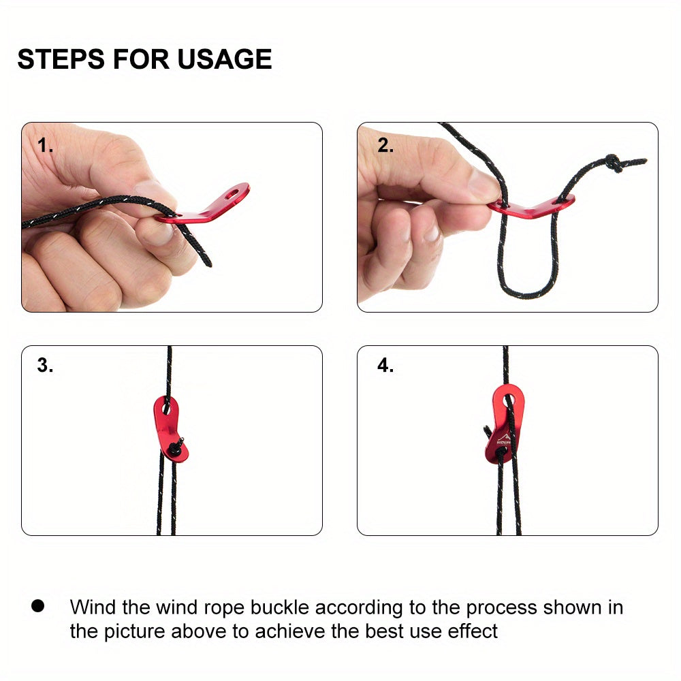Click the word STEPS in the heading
(x=61, y=59)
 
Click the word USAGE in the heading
(x=225, y=59)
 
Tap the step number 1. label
(x=45, y=145)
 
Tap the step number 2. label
(x=385, y=145)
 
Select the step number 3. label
(x=45, y=365)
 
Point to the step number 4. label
(x=385, y=365)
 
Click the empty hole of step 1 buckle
(x=232, y=193)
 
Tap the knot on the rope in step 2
(x=614, y=163)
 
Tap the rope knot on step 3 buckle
(x=177, y=447)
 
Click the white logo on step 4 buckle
(x=504, y=439)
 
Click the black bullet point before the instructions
(x=37, y=606)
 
